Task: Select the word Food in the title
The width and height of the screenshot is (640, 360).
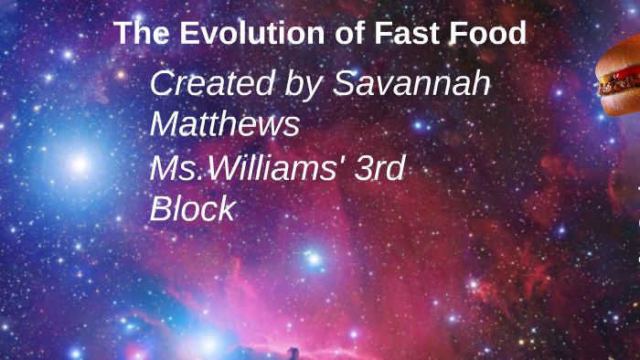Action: (x=487, y=34)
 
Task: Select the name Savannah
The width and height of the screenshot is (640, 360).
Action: (x=411, y=83)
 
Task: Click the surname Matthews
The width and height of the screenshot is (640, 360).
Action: (x=225, y=124)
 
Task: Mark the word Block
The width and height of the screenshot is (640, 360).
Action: (x=192, y=208)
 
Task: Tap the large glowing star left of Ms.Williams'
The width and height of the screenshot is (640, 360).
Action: (x=80, y=164)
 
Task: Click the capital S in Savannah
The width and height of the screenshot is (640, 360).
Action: (x=344, y=83)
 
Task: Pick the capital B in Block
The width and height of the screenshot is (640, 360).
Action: (x=160, y=208)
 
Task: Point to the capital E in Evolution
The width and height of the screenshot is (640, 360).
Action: (x=189, y=34)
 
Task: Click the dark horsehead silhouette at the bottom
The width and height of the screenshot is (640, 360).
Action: (x=293, y=352)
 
